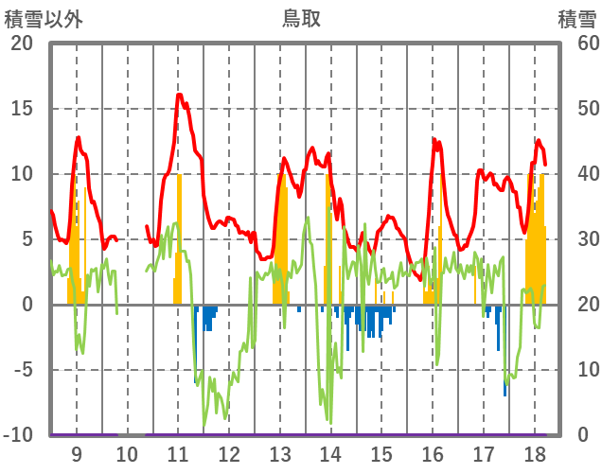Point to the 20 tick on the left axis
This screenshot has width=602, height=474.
coord(21,44)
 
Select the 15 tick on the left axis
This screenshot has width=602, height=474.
coord(21,109)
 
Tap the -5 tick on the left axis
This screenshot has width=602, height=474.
coord(21,370)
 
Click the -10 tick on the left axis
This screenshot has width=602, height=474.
coord(18,435)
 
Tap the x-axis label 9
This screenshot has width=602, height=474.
coord(76,453)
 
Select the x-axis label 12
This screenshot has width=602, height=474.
coord(229,453)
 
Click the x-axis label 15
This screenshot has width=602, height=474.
coord(381,453)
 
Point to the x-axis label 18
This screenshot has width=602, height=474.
coord(535,453)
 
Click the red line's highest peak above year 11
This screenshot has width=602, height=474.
coord(180,95)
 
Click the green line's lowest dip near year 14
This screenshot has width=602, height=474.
coord(329,422)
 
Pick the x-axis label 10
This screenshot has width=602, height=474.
coord(127,453)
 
